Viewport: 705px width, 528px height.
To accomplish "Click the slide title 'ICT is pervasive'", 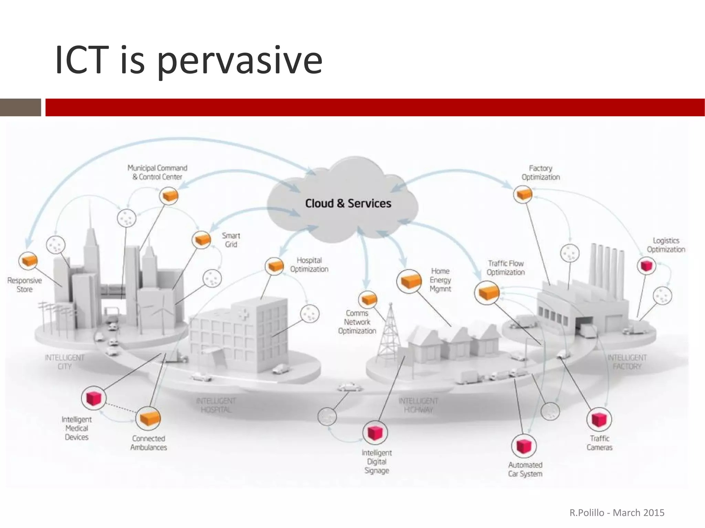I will (x=189, y=60).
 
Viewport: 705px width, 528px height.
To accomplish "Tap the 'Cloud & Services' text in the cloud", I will (x=348, y=203).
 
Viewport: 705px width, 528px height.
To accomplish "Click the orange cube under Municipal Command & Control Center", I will (x=169, y=196).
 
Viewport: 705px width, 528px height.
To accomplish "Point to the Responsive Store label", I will (x=24, y=285).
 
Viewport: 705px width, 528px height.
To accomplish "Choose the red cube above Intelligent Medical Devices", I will (x=94, y=398).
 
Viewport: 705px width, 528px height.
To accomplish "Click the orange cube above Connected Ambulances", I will (x=148, y=418).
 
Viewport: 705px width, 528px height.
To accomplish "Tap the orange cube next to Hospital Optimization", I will (x=274, y=266).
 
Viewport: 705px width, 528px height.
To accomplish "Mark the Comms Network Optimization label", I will (x=357, y=322).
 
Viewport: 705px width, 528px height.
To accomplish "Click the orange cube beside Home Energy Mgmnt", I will (x=409, y=281).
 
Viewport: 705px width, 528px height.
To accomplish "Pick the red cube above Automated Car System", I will (x=524, y=446).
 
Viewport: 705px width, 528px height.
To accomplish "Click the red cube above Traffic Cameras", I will (x=599, y=419).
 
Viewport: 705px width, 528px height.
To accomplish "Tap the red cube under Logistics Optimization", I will (x=646, y=265).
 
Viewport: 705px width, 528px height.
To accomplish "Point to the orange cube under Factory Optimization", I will (x=523, y=195).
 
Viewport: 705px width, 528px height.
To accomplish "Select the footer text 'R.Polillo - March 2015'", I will (x=617, y=513).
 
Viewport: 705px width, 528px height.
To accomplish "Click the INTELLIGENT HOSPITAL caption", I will (x=216, y=405).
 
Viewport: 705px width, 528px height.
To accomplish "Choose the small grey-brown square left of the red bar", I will (x=20, y=107).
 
